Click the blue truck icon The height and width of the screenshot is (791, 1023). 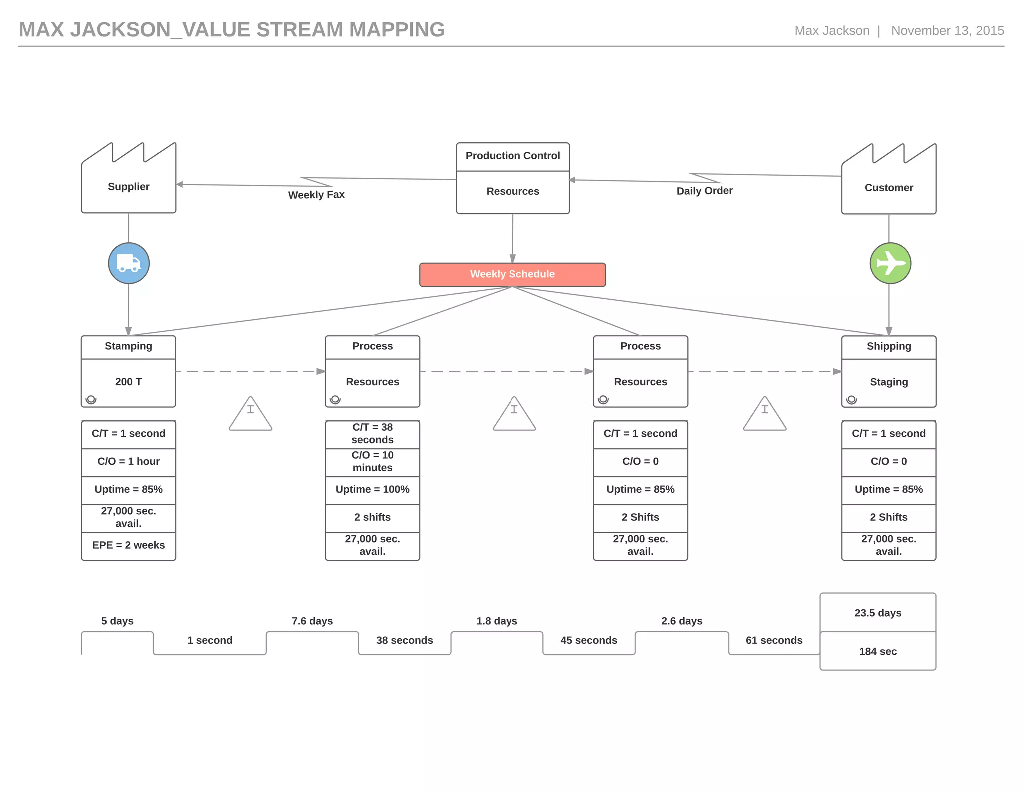(129, 263)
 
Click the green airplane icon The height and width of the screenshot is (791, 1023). (890, 263)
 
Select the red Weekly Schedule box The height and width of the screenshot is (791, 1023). (512, 274)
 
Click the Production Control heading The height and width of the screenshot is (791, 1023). (512, 156)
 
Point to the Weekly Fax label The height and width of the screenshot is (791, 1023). (316, 195)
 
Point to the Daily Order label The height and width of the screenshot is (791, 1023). (704, 191)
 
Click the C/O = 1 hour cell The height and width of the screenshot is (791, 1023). (129, 462)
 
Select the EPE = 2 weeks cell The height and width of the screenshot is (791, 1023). (129, 545)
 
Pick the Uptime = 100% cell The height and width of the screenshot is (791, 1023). (372, 490)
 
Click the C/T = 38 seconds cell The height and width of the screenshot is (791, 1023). (372, 434)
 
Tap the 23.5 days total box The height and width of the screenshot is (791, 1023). (877, 613)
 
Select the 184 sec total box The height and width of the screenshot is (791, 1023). (877, 651)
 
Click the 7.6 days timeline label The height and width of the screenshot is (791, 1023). (312, 621)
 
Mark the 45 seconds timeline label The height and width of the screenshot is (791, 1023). (588, 640)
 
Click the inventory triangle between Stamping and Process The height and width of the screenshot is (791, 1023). (250, 415)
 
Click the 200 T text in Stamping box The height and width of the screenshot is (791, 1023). (129, 382)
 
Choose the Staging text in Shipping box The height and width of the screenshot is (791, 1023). (888, 382)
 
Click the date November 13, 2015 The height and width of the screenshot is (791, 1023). (947, 31)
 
